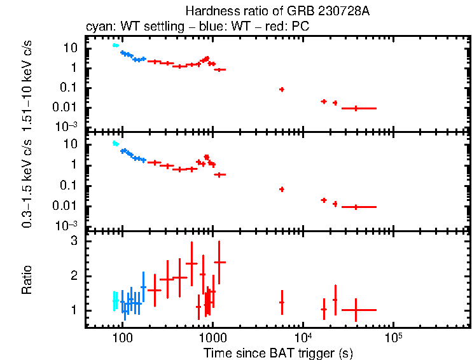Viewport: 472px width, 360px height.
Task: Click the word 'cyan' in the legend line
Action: [97, 27]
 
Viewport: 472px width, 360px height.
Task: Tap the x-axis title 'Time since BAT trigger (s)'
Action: [277, 352]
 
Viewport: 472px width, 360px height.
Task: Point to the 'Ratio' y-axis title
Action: [27, 280]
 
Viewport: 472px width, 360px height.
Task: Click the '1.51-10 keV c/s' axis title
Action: [27, 83]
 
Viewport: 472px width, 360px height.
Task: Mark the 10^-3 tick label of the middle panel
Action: [68, 226]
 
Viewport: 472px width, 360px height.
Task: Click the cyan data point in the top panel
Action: [115, 45]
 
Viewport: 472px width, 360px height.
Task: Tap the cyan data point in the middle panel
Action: [115, 144]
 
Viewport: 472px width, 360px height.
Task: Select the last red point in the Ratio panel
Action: [356, 310]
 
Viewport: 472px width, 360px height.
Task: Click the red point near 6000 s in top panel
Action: [281, 90]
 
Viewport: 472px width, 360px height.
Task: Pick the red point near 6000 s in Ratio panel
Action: [281, 303]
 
